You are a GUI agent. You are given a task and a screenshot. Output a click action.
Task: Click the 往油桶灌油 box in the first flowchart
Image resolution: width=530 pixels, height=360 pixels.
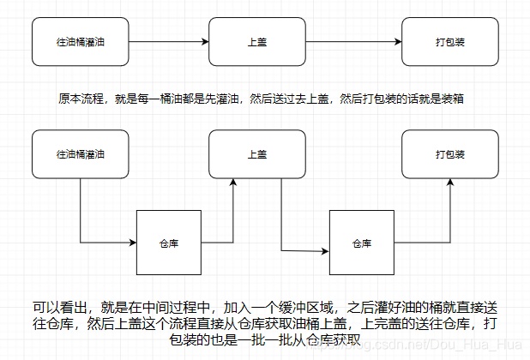pos(80,40)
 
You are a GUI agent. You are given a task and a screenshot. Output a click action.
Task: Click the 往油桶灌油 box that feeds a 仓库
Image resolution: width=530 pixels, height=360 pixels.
pos(80,154)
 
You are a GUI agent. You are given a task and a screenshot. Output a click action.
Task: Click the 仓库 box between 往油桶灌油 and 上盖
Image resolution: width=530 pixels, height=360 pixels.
pos(169,243)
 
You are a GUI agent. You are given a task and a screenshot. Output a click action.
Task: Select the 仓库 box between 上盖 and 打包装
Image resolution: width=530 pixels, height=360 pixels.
pos(362,243)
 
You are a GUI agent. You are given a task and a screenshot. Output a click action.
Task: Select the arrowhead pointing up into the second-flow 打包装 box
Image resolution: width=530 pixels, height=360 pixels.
pos(450,183)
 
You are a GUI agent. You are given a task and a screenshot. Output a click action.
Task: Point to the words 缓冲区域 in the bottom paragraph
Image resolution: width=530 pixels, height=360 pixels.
pos(296,307)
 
